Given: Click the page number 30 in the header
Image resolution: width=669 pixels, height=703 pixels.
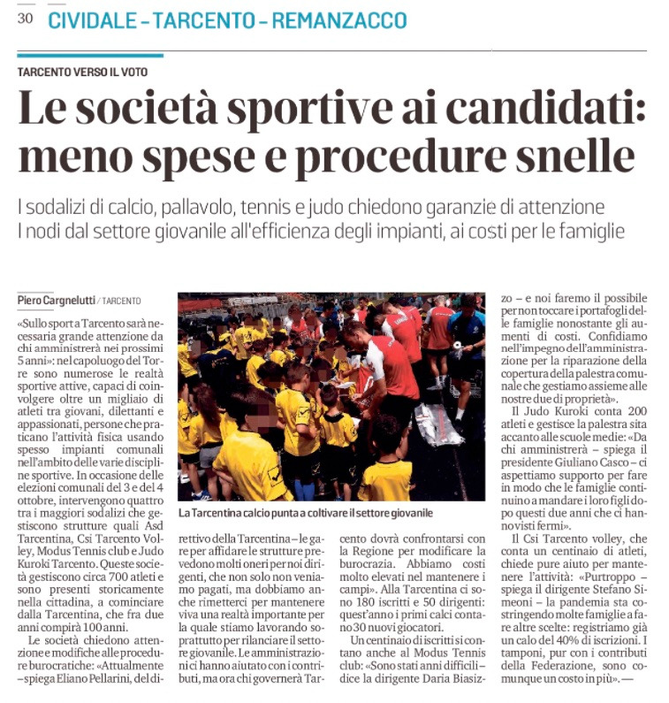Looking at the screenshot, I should (25, 19).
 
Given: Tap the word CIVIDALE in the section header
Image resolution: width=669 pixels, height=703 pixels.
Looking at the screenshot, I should (92, 20).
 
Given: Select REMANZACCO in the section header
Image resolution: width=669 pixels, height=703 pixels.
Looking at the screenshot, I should (339, 20).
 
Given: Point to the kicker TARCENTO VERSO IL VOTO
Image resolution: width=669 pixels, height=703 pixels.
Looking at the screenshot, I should (83, 72).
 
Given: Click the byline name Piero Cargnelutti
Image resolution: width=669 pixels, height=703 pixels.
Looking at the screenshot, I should (56, 302).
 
